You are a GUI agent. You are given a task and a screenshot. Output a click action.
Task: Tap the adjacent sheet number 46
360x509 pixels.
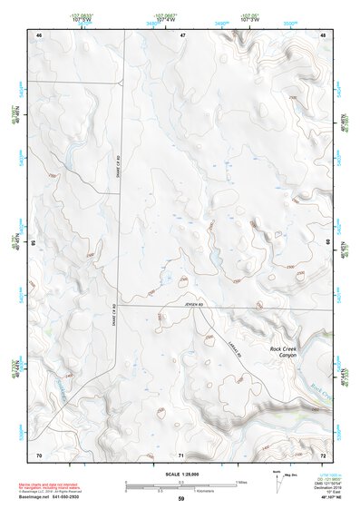39,34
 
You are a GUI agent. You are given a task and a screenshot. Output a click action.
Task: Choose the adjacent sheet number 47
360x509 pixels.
181,34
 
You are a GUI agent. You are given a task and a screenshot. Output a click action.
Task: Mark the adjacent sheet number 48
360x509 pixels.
323,34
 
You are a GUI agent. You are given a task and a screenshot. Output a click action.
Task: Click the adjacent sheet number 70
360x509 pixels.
39,453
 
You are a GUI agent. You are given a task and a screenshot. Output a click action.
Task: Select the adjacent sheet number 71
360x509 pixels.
181,454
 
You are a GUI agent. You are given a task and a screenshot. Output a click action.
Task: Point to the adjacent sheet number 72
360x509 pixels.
323,453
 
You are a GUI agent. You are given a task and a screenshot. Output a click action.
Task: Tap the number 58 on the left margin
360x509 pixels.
34,243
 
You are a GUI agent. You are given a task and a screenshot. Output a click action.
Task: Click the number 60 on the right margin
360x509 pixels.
328,242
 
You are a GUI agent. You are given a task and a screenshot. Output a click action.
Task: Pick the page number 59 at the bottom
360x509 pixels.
181,499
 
